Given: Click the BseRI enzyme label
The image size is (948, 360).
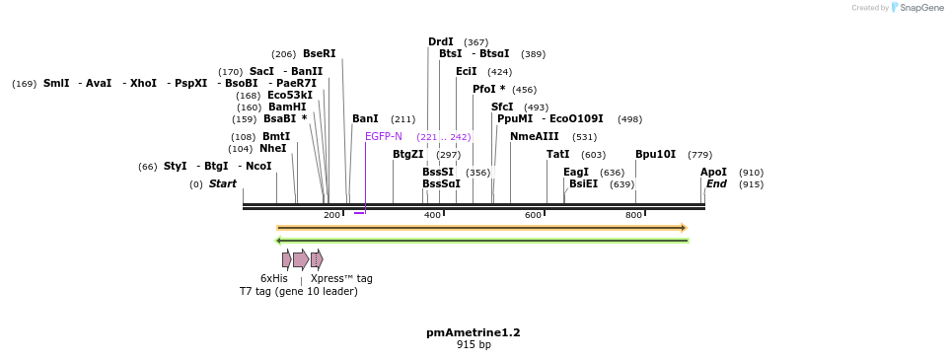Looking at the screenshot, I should pyautogui.click(x=319, y=54).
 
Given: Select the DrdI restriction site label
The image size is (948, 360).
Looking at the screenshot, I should pyautogui.click(x=440, y=41).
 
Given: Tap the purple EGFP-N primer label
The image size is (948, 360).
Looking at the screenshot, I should pyautogui.click(x=384, y=136).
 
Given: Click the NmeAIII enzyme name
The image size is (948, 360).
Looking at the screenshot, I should pyautogui.click(x=534, y=136).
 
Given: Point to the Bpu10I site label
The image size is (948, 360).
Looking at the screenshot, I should pyautogui.click(x=655, y=154).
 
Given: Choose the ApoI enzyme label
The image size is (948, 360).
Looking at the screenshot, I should pyautogui.click(x=713, y=172).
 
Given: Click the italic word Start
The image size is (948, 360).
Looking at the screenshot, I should pyautogui.click(x=222, y=183).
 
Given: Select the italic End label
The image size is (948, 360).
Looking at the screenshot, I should pyautogui.click(x=716, y=183).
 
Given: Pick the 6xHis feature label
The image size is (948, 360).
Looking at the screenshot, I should pyautogui.click(x=274, y=278).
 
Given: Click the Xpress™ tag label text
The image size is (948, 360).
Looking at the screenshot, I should pyautogui.click(x=341, y=278).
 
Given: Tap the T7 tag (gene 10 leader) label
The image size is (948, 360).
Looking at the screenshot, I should pyautogui.click(x=298, y=291).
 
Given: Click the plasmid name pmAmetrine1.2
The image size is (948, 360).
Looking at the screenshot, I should pyautogui.click(x=474, y=332).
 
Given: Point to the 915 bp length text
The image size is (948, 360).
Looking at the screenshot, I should pyautogui.click(x=474, y=344).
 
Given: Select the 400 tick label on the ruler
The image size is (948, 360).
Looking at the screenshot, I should pyautogui.click(x=432, y=215).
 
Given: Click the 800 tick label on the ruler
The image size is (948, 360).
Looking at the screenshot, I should pyautogui.click(x=634, y=215).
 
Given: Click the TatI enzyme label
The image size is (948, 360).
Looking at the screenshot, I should pyautogui.click(x=557, y=154).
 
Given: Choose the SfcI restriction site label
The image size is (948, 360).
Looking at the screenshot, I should pyautogui.click(x=502, y=107).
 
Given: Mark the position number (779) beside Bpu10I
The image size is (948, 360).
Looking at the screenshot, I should pyautogui.click(x=699, y=155).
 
